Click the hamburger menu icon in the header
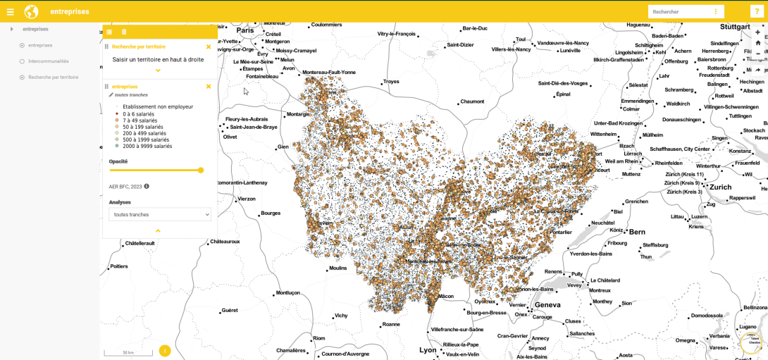[x=10, y=11]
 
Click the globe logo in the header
[x=31, y=11]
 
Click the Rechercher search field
[x=680, y=12]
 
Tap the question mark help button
[x=756, y=11]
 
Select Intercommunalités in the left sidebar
[x=48, y=61]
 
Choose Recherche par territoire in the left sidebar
[x=53, y=77]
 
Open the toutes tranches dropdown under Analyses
[x=160, y=214]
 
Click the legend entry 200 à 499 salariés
[x=144, y=133]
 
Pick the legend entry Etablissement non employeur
[x=157, y=107]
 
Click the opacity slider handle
[x=201, y=170]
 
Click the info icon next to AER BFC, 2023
[x=147, y=187]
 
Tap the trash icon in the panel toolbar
[x=124, y=32]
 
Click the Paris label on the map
[x=244, y=30]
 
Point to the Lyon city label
[x=428, y=349]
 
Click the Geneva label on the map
[x=547, y=304]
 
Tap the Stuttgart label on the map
[x=735, y=26]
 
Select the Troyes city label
[x=391, y=82]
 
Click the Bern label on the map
[x=637, y=231]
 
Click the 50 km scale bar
[x=128, y=352]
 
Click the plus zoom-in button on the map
[x=757, y=32]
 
